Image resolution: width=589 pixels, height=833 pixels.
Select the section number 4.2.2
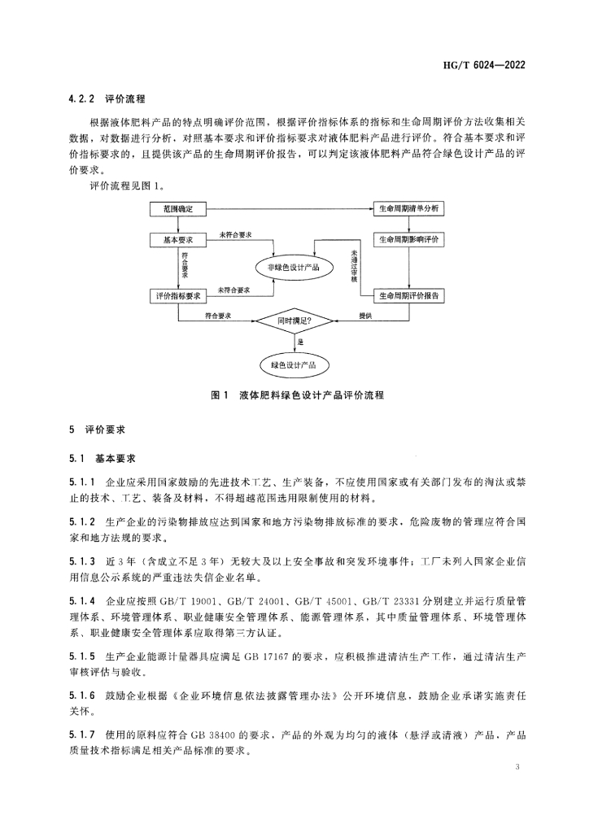point(82,99)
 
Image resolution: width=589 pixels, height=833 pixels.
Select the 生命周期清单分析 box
point(408,210)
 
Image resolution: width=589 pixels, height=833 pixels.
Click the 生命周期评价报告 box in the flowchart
point(408,296)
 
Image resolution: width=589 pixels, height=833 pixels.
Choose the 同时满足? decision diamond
point(294,322)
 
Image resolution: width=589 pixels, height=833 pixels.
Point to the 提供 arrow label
point(365,316)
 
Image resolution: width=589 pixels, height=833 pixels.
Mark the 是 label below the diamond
point(301,343)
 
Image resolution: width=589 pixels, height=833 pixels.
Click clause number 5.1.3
point(82,564)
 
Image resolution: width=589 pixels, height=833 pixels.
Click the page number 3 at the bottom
point(517,767)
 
